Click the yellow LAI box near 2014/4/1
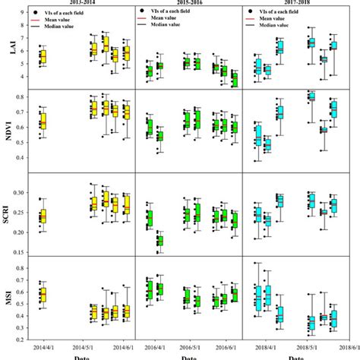pyautogui.click(x=43, y=56)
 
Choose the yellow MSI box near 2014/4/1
pyautogui.click(x=43, y=295)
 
